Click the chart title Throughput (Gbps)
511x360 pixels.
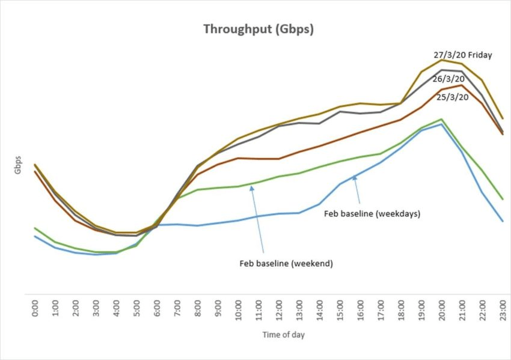[258, 29]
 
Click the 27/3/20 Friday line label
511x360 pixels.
[462, 55]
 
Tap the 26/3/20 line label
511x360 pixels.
[448, 79]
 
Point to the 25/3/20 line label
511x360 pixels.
[452, 96]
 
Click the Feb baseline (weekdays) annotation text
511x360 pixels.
[372, 213]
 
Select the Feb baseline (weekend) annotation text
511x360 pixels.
[286, 263]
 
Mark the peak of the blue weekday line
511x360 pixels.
[442, 124]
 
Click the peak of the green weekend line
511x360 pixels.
[442, 119]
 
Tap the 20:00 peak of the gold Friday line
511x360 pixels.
[442, 60]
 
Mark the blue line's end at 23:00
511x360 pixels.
[502, 221]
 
